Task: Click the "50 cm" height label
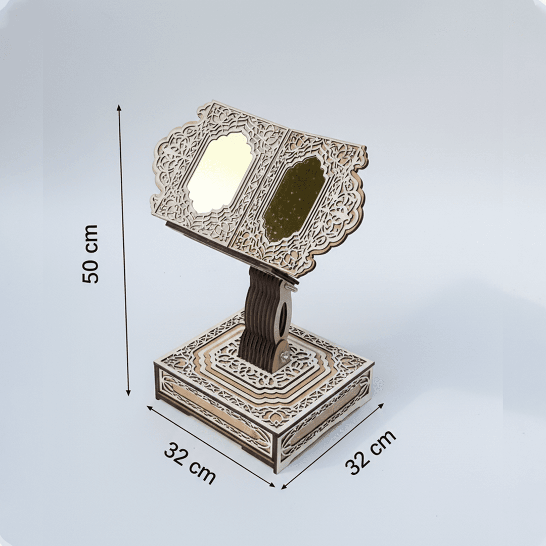click(x=90, y=254)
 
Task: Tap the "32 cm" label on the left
click(x=190, y=463)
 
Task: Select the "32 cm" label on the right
click(x=371, y=452)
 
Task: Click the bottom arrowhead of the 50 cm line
click(x=128, y=392)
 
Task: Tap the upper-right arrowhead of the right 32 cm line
click(x=381, y=406)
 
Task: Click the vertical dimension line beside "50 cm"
click(x=124, y=250)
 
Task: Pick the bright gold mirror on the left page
click(x=220, y=173)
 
